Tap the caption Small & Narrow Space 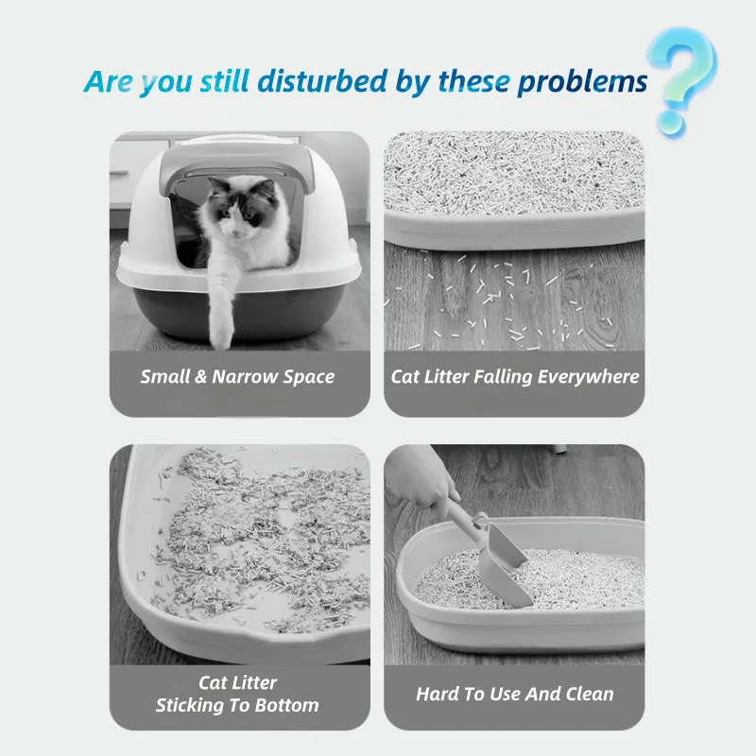(237, 376)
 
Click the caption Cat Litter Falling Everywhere (515, 376)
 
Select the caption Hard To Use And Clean (515, 694)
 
